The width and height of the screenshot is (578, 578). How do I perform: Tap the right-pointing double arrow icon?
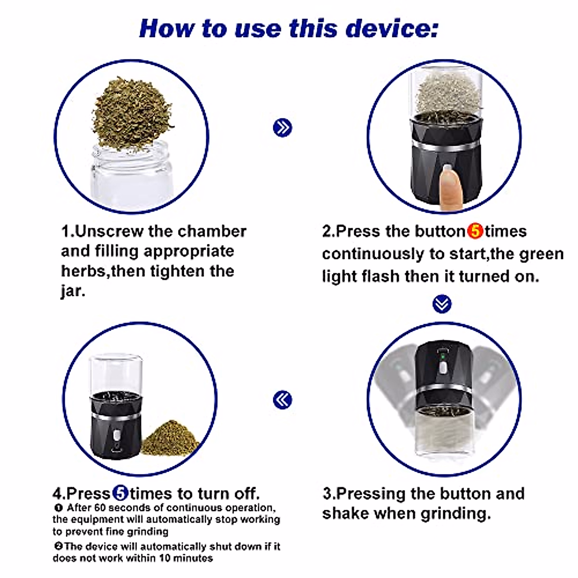[x=283, y=128]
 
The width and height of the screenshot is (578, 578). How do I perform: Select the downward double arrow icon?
[x=442, y=304]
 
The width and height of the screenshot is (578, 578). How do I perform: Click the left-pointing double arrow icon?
[x=283, y=400]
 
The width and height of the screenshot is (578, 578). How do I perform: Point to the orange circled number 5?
[x=475, y=231]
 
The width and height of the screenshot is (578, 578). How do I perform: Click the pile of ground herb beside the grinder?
[x=170, y=438]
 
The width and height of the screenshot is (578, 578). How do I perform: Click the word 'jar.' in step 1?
[x=73, y=291]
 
